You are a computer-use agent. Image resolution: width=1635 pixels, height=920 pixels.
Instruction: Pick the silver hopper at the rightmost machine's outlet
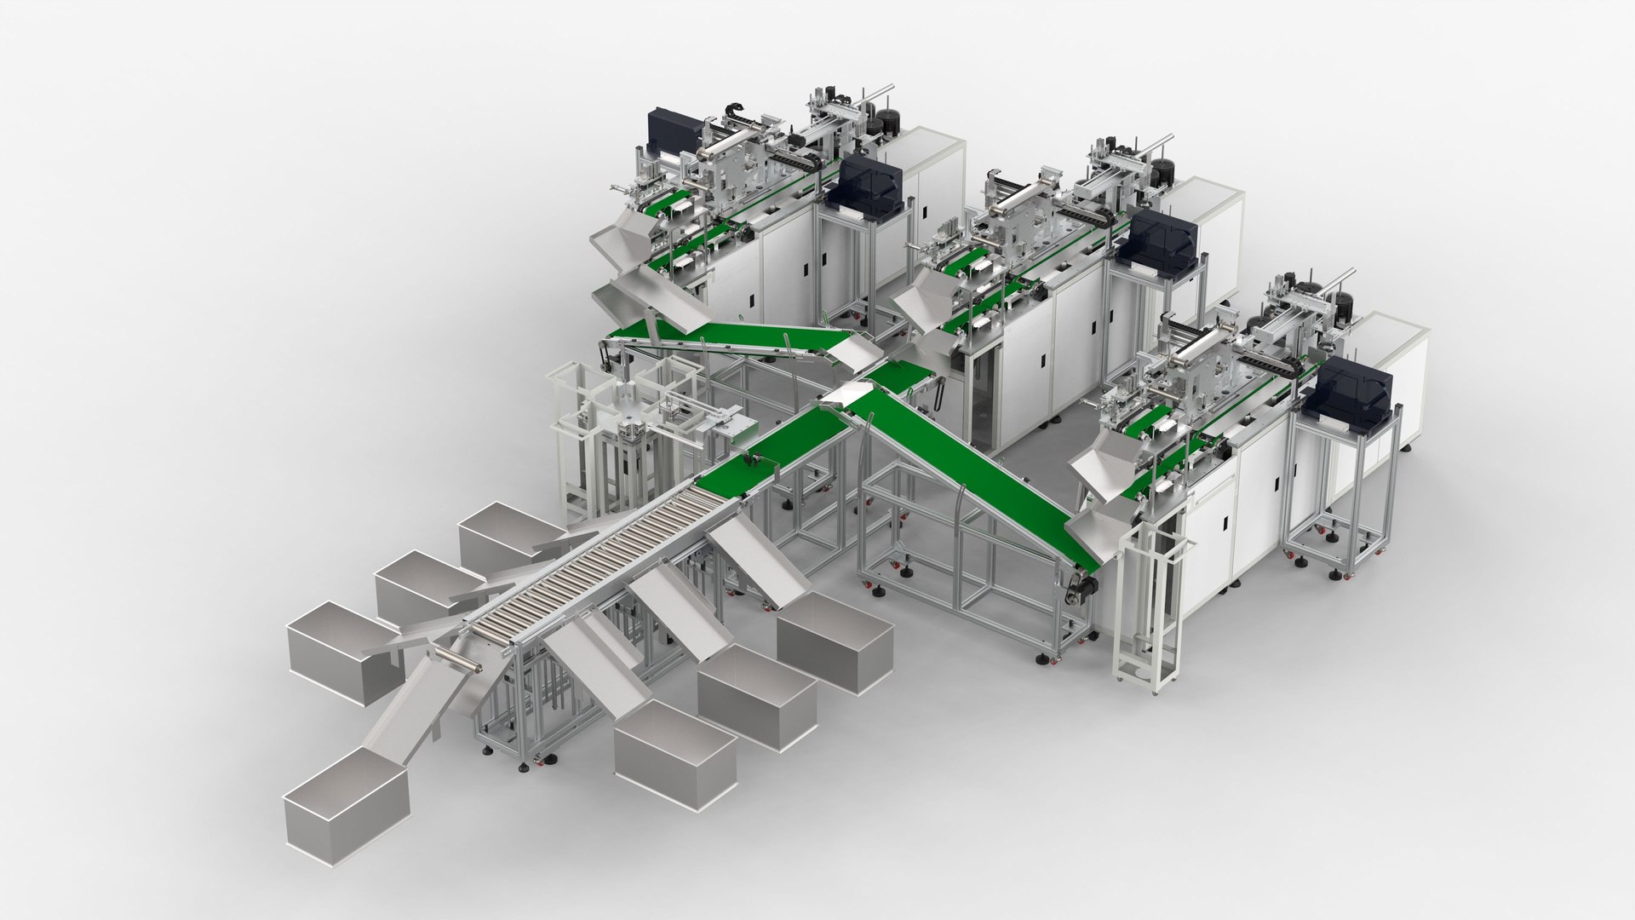point(1107,469)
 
